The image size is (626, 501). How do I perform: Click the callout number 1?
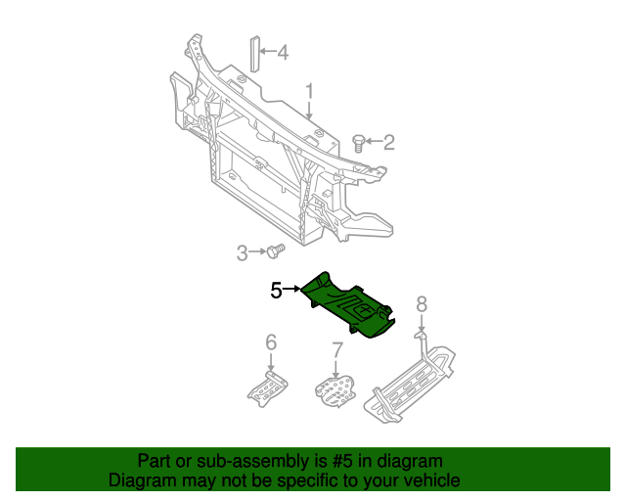click(309, 93)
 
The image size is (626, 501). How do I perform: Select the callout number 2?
click(388, 144)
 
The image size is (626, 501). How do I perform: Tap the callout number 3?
click(242, 254)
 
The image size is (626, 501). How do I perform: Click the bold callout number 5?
click(276, 290)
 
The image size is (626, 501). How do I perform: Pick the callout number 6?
click(271, 342)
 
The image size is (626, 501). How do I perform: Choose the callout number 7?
click(336, 349)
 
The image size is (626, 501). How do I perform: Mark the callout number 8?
click(422, 304)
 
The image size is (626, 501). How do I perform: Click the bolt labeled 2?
click(359, 144)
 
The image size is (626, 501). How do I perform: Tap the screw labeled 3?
click(275, 252)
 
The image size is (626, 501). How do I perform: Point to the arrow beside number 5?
click(292, 290)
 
